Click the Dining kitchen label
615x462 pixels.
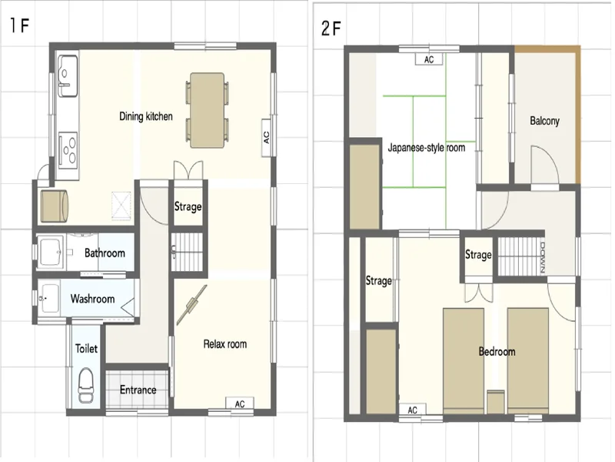146,116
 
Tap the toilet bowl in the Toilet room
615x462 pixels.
85,386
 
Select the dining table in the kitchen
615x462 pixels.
208,110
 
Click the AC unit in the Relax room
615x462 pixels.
240,403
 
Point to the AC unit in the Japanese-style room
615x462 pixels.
429,59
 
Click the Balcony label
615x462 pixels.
544,121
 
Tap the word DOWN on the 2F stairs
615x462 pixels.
543,257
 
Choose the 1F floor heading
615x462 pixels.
20,26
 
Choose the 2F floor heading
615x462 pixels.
331,28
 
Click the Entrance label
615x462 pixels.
138,390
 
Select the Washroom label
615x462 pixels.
92,299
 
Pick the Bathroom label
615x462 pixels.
105,253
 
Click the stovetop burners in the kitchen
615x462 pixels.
68,149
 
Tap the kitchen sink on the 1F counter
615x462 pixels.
68,75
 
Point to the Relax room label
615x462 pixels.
225,344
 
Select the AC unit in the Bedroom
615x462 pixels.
412,410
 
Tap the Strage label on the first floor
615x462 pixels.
188,206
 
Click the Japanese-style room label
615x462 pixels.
427,148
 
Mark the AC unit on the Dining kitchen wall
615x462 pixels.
267,138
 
